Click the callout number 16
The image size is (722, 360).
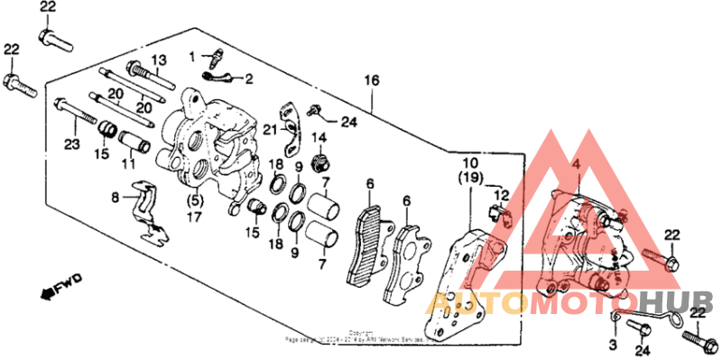point(369,81)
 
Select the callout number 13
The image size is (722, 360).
point(159,60)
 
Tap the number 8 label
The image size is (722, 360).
point(115,197)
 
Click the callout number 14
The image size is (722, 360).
point(319,137)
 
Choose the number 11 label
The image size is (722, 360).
point(129,165)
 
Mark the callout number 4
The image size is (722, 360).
point(575,164)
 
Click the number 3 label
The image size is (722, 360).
point(611,345)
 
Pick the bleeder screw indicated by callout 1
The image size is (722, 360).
point(215,61)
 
